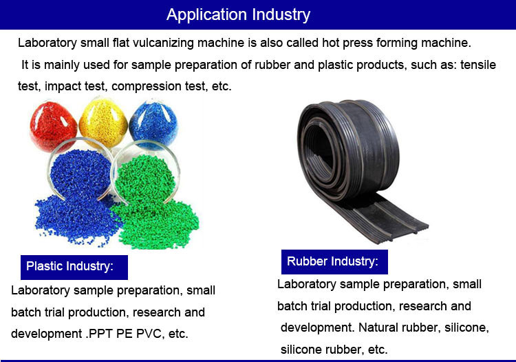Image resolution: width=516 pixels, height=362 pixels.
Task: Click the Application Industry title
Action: (238, 14)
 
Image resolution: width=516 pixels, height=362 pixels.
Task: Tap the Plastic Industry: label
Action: (69, 266)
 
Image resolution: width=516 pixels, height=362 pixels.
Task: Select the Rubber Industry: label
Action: (332, 261)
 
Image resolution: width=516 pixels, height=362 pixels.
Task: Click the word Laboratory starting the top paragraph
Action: (48, 43)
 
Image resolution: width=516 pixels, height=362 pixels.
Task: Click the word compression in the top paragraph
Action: (197, 87)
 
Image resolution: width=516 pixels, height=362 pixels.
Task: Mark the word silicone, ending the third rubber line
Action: (464, 328)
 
